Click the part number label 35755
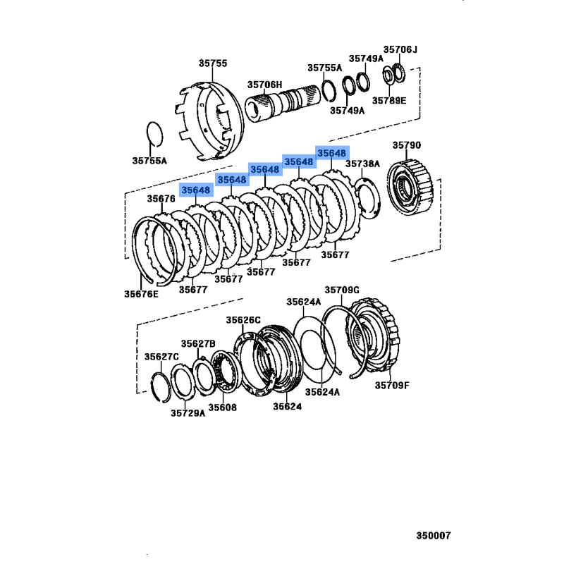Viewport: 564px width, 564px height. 213,63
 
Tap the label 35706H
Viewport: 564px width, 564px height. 265,85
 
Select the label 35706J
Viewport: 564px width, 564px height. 400,49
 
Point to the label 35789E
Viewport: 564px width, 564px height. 389,101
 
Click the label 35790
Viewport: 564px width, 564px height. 407,145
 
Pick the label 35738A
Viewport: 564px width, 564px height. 362,164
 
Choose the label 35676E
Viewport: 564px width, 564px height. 141,294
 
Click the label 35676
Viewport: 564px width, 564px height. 161,199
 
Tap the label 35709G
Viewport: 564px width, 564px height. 342,290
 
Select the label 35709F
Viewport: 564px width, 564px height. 392,386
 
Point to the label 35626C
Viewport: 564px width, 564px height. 243,320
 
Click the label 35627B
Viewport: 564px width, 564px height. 198,344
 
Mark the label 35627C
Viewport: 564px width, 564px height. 161,357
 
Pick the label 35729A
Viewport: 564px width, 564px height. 188,413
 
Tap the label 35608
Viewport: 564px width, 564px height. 222,407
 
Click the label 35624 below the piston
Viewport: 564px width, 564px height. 287,407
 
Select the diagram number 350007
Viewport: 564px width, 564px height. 434,536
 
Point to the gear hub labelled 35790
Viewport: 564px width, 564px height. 410,187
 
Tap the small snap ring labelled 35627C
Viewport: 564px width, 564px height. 161,387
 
